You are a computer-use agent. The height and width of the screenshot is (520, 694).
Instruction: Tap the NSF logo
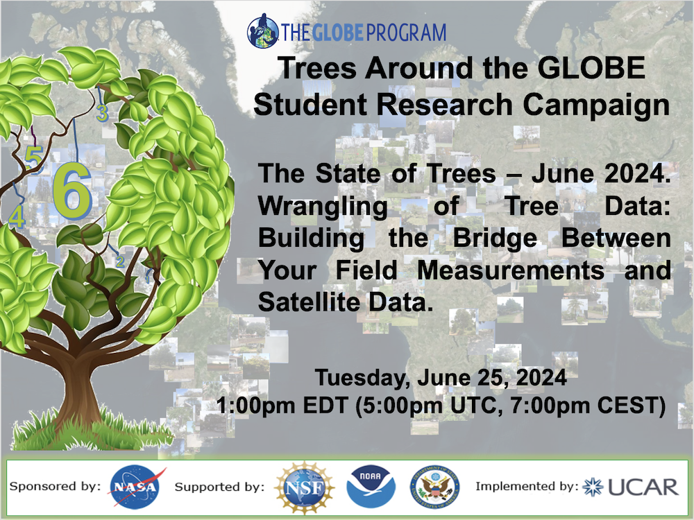(x=305, y=487)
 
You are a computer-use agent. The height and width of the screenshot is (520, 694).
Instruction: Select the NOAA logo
(x=371, y=487)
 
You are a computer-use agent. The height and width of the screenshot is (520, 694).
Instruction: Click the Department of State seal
(x=434, y=487)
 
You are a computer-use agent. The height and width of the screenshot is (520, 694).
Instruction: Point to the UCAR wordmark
(x=643, y=487)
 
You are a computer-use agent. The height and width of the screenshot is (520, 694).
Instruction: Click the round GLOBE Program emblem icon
(x=262, y=31)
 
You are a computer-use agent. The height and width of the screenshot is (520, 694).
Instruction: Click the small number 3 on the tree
(x=102, y=113)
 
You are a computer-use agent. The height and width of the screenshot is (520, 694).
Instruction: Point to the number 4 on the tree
(x=17, y=216)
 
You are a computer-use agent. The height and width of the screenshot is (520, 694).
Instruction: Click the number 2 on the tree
(x=120, y=261)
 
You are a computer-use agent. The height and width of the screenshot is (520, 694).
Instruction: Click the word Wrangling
(x=323, y=206)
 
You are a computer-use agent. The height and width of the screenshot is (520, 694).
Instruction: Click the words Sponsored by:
(x=55, y=487)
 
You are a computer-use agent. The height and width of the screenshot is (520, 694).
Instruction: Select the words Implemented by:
(x=527, y=487)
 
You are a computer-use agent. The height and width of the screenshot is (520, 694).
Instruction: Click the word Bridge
(x=495, y=239)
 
